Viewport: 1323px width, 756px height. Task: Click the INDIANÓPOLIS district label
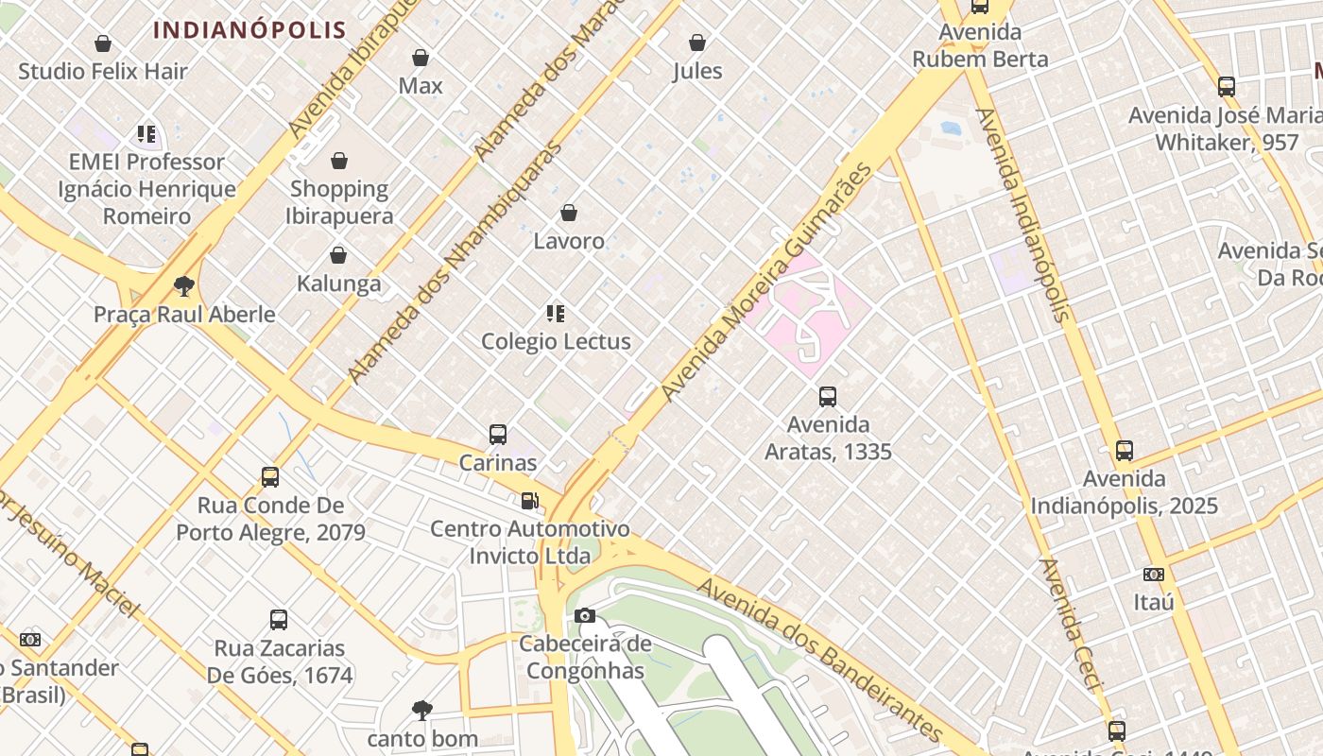(249, 29)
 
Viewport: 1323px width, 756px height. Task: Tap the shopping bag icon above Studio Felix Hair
(103, 43)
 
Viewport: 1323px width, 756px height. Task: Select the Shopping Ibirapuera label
(339, 202)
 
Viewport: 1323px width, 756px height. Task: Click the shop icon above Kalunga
(338, 255)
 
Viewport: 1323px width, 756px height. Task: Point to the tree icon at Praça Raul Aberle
(184, 285)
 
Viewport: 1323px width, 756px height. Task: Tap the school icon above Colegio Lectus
(556, 313)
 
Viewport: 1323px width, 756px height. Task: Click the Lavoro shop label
(569, 241)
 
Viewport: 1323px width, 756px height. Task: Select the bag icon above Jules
(697, 43)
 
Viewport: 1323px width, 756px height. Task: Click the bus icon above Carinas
(498, 435)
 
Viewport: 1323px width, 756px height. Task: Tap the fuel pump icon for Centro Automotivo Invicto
(530, 500)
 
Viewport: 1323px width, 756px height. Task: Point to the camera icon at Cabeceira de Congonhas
(585, 616)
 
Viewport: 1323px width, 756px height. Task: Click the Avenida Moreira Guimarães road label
(767, 282)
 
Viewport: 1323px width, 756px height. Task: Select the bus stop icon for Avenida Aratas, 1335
(828, 397)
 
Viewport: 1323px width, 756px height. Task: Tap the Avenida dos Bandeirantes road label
(820, 661)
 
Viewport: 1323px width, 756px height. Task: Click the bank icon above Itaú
(1153, 574)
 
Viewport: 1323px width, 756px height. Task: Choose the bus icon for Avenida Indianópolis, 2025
(1124, 451)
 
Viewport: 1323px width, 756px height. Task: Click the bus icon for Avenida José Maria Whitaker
(1227, 87)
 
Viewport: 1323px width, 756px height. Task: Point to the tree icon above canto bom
(422, 710)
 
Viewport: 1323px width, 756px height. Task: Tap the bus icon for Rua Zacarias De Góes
(279, 620)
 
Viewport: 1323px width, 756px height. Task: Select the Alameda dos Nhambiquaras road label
(455, 263)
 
